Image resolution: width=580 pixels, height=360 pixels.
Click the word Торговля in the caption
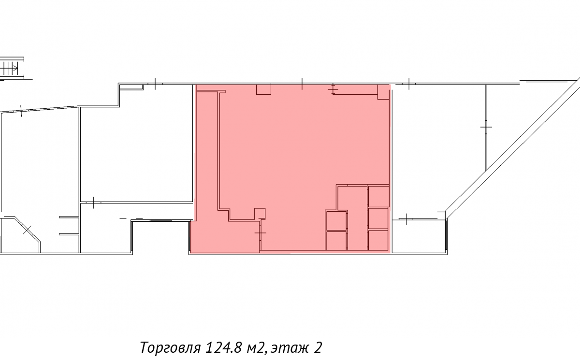coord(171,347)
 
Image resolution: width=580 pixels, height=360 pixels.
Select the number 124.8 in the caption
coord(223,347)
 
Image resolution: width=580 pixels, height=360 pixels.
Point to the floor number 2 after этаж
coord(318,347)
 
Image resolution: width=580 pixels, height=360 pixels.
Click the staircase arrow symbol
coord(10,69)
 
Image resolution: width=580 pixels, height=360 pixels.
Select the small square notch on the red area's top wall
coord(263,89)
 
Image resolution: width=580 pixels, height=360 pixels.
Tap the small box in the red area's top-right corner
coord(383,92)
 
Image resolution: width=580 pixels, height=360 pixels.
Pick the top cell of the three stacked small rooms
coord(378,197)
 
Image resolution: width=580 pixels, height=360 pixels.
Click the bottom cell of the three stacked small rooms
coord(378,240)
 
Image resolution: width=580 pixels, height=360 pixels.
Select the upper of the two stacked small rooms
coord(336,220)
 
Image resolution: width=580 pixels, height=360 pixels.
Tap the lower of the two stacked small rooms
coord(336,241)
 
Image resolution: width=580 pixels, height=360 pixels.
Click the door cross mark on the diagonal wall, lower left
coord(27,230)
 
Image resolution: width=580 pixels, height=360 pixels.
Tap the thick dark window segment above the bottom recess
coord(160,220)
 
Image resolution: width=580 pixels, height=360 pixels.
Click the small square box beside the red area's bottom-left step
coord(260,214)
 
